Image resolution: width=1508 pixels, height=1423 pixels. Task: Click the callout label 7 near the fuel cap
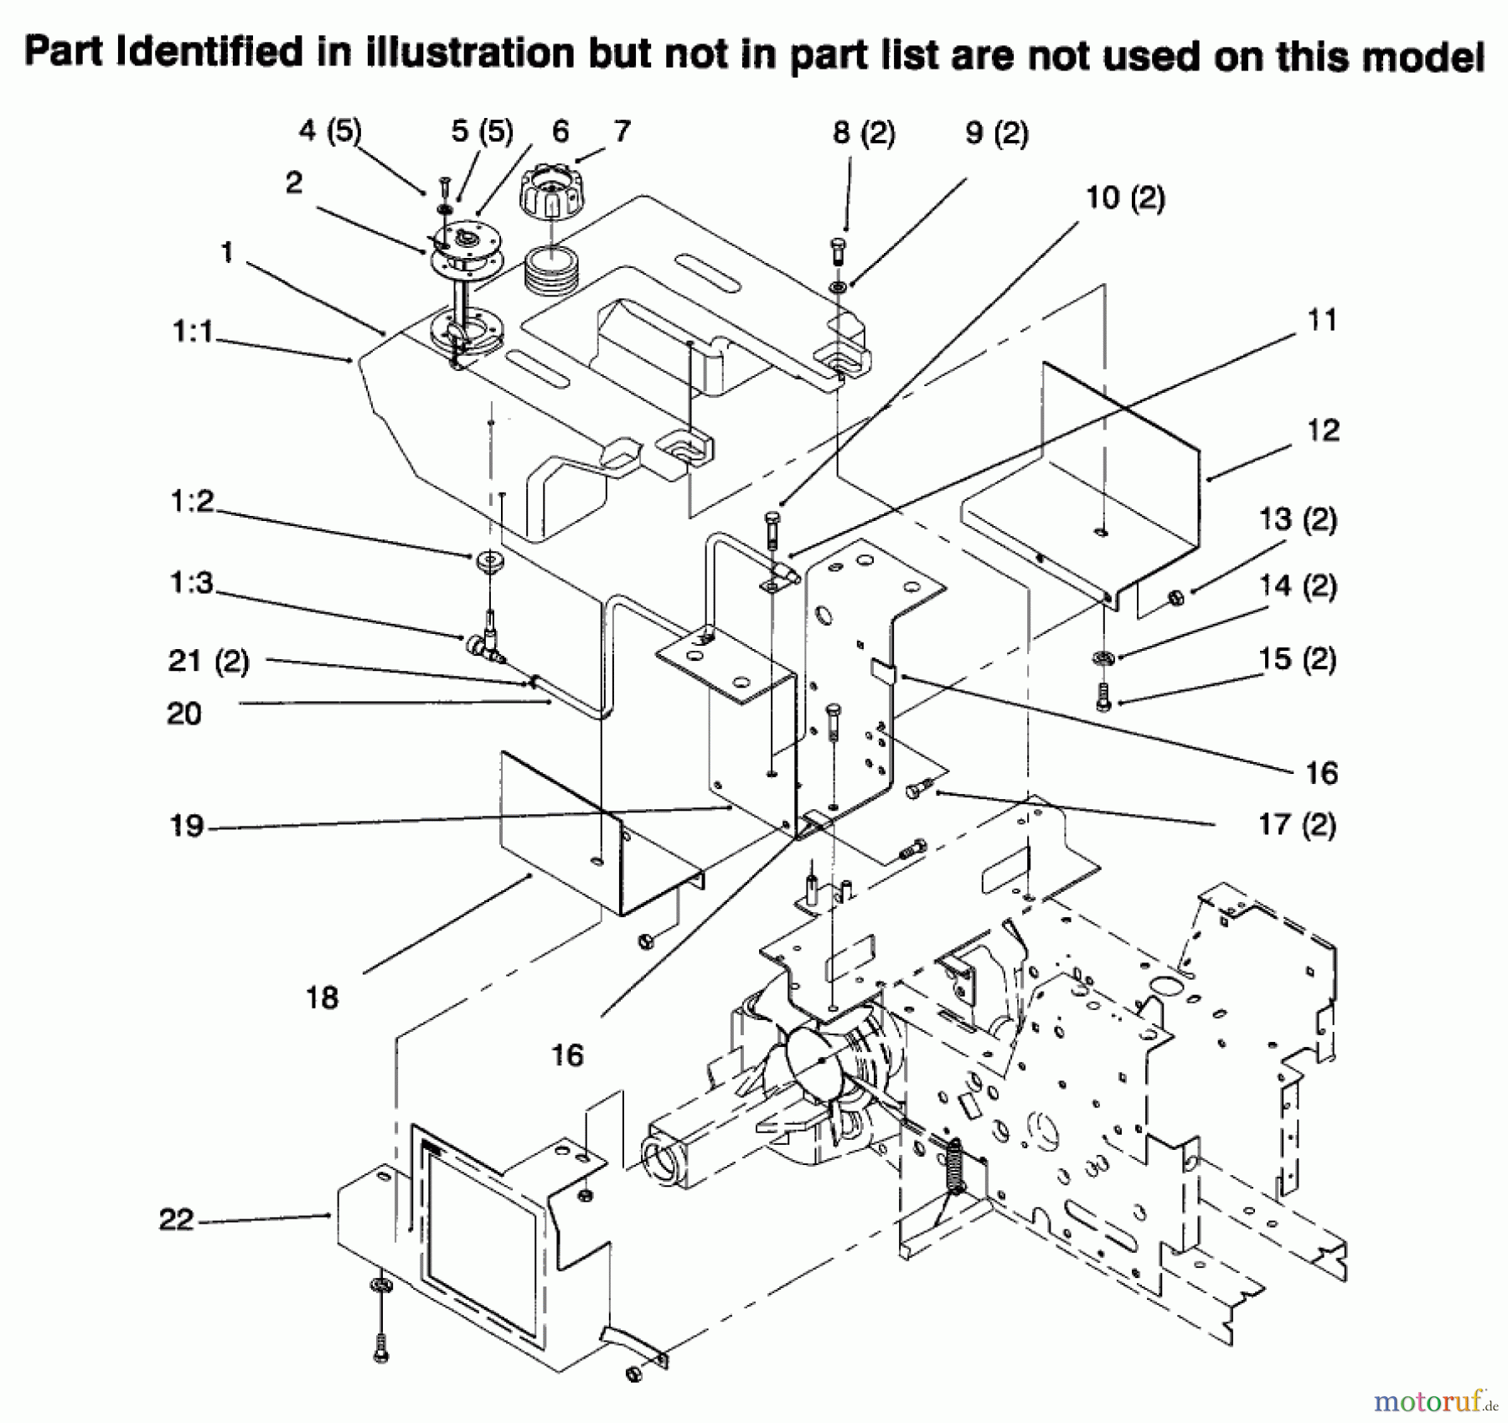pos(622,131)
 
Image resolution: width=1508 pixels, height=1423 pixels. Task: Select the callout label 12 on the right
pos(1323,431)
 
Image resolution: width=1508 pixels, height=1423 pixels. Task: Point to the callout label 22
pos(177,1219)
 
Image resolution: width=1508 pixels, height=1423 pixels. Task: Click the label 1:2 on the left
pos(193,502)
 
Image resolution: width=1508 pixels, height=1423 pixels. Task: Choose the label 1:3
pos(192,582)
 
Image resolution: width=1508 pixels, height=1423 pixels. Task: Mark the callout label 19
pos(187,826)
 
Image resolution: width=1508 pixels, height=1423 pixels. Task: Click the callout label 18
pos(323,997)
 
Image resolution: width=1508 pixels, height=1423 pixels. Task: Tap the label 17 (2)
pos(1297,824)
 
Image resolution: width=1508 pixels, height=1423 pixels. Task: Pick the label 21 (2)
pos(209,661)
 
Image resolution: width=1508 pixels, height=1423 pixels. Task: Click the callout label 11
pos(1322,320)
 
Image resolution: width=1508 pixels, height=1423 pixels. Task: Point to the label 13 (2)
pos(1298,519)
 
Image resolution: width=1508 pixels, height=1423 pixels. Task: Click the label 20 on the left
pos(184,714)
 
